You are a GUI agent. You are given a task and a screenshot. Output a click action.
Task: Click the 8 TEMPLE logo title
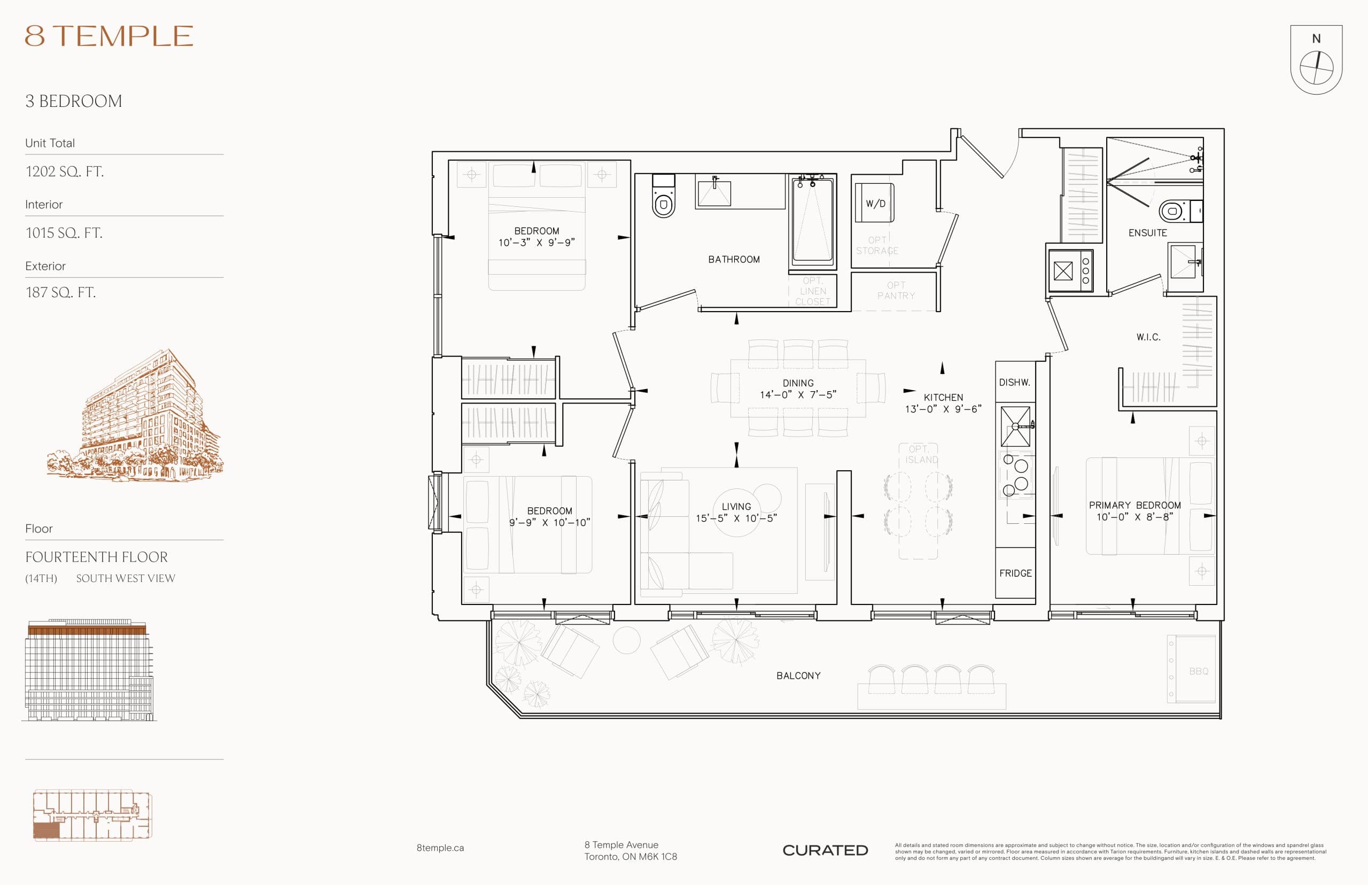pyautogui.click(x=109, y=36)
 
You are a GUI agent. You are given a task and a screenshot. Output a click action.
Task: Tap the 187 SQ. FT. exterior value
pyautogui.click(x=60, y=292)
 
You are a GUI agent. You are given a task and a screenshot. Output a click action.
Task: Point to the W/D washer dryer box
pyautogui.click(x=874, y=203)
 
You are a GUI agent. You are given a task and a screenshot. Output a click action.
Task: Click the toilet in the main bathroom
pyautogui.click(x=664, y=199)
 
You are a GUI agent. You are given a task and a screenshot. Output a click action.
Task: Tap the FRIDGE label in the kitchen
pyautogui.click(x=1015, y=573)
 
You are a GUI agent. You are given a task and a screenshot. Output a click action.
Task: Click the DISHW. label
pyautogui.click(x=1014, y=382)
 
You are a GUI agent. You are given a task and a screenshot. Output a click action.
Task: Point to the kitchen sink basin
pyautogui.click(x=1015, y=426)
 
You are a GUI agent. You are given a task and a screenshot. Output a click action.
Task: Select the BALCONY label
pyautogui.click(x=798, y=676)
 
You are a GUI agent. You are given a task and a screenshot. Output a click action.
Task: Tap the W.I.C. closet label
pyautogui.click(x=1148, y=337)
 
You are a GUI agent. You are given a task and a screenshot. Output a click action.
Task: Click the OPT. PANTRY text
pyautogui.click(x=896, y=290)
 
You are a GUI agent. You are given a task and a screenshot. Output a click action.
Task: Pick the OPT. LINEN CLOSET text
pyautogui.click(x=812, y=291)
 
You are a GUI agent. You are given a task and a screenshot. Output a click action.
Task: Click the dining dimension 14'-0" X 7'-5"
pyautogui.click(x=797, y=395)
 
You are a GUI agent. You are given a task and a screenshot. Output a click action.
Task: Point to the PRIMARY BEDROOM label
pyautogui.click(x=1134, y=505)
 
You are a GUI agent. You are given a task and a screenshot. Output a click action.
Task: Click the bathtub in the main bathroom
pyautogui.click(x=812, y=221)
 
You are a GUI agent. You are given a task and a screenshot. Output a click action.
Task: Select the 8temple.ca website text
pyautogui.click(x=440, y=848)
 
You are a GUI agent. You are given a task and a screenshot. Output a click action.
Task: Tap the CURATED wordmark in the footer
pyautogui.click(x=825, y=850)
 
